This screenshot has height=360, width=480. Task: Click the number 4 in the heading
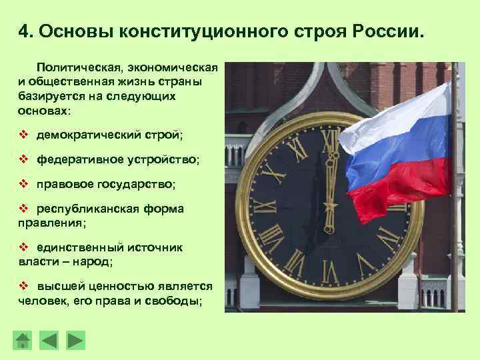[x=23, y=31]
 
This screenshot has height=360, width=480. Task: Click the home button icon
[x=23, y=339]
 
